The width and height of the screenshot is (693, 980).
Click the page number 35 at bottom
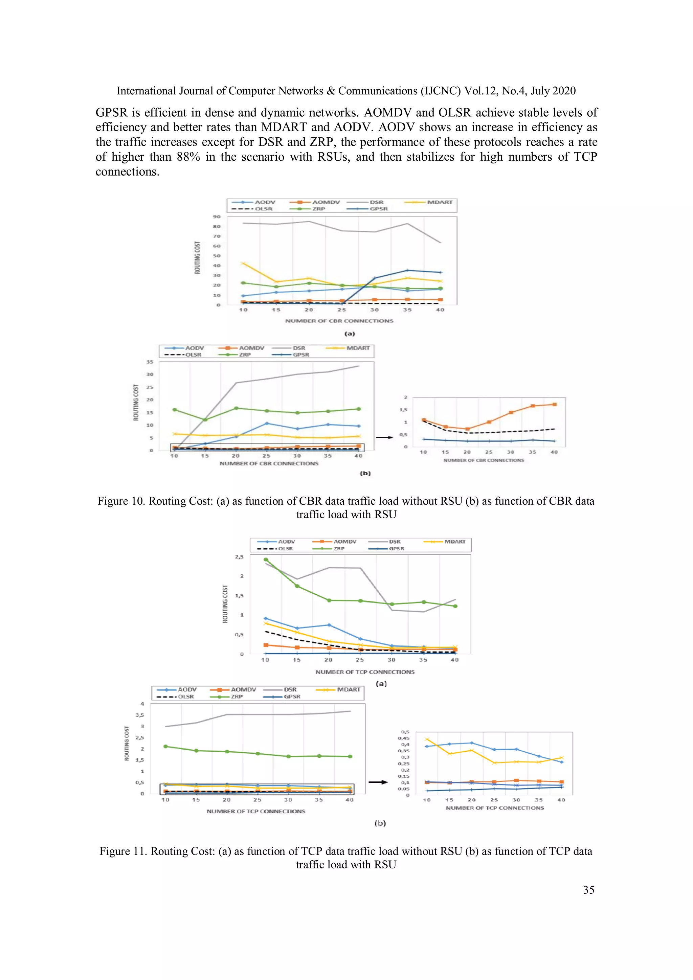(588, 890)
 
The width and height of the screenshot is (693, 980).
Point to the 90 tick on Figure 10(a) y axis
(217, 217)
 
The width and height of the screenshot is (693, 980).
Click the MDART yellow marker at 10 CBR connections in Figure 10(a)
(243, 264)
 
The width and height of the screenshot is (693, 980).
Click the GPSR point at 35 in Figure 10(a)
(407, 270)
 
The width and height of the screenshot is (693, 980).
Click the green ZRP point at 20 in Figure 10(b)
(236, 408)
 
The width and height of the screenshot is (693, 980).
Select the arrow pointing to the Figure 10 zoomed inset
(384, 437)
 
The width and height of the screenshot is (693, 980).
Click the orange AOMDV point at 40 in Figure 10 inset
(554, 404)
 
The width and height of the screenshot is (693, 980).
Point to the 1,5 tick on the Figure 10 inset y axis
(403, 410)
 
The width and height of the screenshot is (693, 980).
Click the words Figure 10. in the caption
(121, 501)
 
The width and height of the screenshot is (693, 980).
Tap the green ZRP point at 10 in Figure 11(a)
(266, 560)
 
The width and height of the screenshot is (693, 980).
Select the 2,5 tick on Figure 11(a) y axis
(239, 557)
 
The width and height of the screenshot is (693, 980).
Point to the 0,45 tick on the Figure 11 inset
(403, 738)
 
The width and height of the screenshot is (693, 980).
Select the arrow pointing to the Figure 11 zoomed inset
(378, 782)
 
